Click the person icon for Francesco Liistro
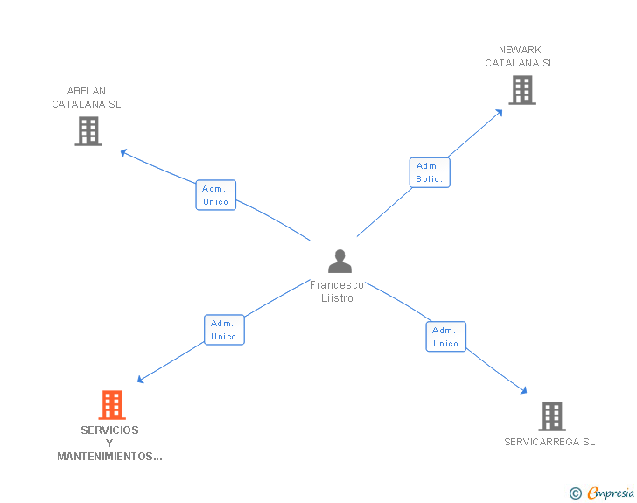tap(339, 261)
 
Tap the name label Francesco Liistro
tap(337, 291)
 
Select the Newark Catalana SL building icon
tap(521, 90)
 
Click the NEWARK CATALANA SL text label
tap(520, 57)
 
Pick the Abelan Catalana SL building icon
tap(88, 131)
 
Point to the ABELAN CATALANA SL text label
tap(87, 97)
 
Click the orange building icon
tap(111, 405)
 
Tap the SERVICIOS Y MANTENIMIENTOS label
tap(109, 443)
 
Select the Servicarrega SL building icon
tap(551, 416)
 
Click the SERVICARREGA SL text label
tap(549, 442)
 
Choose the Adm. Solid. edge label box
tap(430, 172)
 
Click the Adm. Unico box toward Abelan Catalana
tap(215, 195)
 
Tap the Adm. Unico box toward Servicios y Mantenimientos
tap(224, 330)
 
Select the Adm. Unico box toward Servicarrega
tap(446, 337)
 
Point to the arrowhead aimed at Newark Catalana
tap(499, 112)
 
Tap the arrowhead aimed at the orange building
tap(142, 379)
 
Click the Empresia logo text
tap(612, 493)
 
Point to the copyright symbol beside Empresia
tap(575, 493)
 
